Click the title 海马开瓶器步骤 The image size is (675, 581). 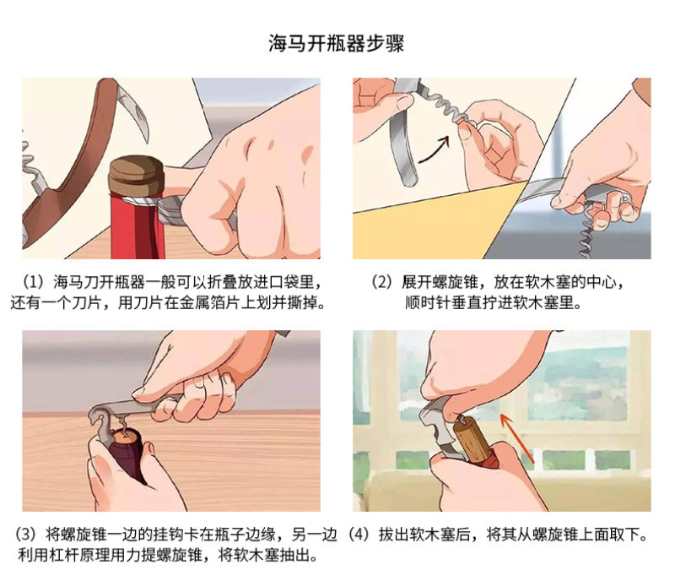tap(336, 43)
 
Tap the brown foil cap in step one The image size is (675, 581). tap(137, 176)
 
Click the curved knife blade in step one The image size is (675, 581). tap(133, 109)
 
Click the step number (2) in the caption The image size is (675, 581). tap(381, 282)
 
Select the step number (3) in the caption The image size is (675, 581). tap(26, 535)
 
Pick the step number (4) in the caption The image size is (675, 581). tap(358, 535)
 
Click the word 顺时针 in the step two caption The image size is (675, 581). tap(428, 302)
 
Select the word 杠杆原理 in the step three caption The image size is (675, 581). tap(78, 555)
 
